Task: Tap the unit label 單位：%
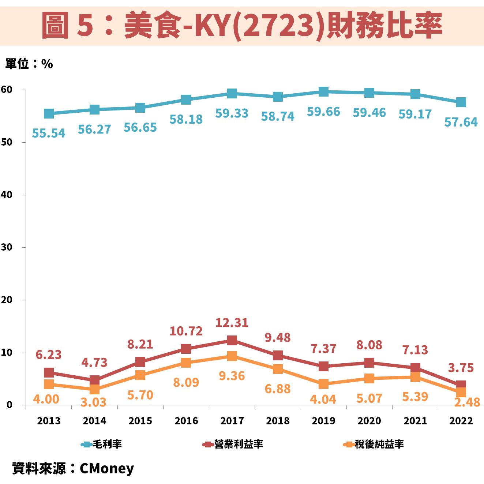(x=29, y=64)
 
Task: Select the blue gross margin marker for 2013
(x=49, y=114)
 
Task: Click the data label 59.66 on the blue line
(x=323, y=112)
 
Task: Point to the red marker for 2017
(x=232, y=341)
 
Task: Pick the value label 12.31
(x=232, y=323)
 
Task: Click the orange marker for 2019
(x=323, y=384)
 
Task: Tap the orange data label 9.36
(x=232, y=376)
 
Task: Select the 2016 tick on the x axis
(x=186, y=421)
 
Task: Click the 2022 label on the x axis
(x=461, y=421)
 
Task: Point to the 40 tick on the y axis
(x=7, y=195)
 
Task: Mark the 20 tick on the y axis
(x=7, y=300)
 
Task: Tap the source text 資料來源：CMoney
(x=73, y=468)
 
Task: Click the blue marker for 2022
(x=461, y=102)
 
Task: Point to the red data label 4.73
(x=94, y=363)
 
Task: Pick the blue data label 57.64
(x=461, y=122)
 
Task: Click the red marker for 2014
(x=94, y=380)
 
